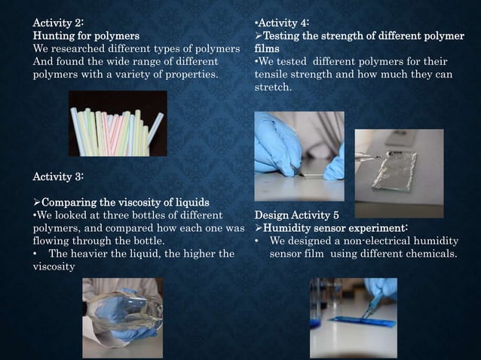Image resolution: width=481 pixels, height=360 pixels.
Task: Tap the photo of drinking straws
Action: click(x=118, y=124)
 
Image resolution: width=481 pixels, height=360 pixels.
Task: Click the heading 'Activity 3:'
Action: click(x=58, y=175)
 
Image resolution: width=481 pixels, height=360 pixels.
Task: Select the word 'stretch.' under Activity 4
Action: click(x=274, y=87)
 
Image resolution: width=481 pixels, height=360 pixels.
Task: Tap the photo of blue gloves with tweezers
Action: click(x=299, y=156)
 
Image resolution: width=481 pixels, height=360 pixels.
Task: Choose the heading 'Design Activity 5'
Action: click(x=296, y=215)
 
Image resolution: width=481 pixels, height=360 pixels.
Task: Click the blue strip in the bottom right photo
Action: click(x=362, y=322)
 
